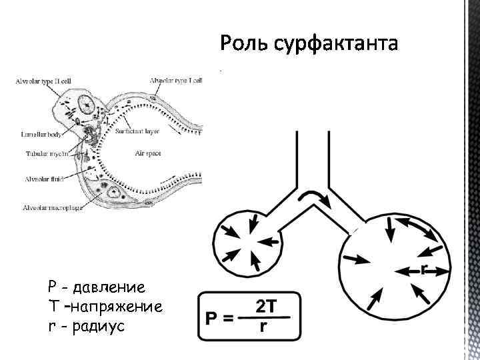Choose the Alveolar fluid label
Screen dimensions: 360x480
(x=44, y=179)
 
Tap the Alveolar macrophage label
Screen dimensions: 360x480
(x=53, y=207)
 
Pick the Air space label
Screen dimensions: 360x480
(x=148, y=153)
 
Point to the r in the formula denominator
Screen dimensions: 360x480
(x=265, y=327)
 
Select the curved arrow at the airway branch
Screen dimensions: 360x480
(x=313, y=195)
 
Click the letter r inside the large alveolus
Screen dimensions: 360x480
(x=424, y=269)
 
